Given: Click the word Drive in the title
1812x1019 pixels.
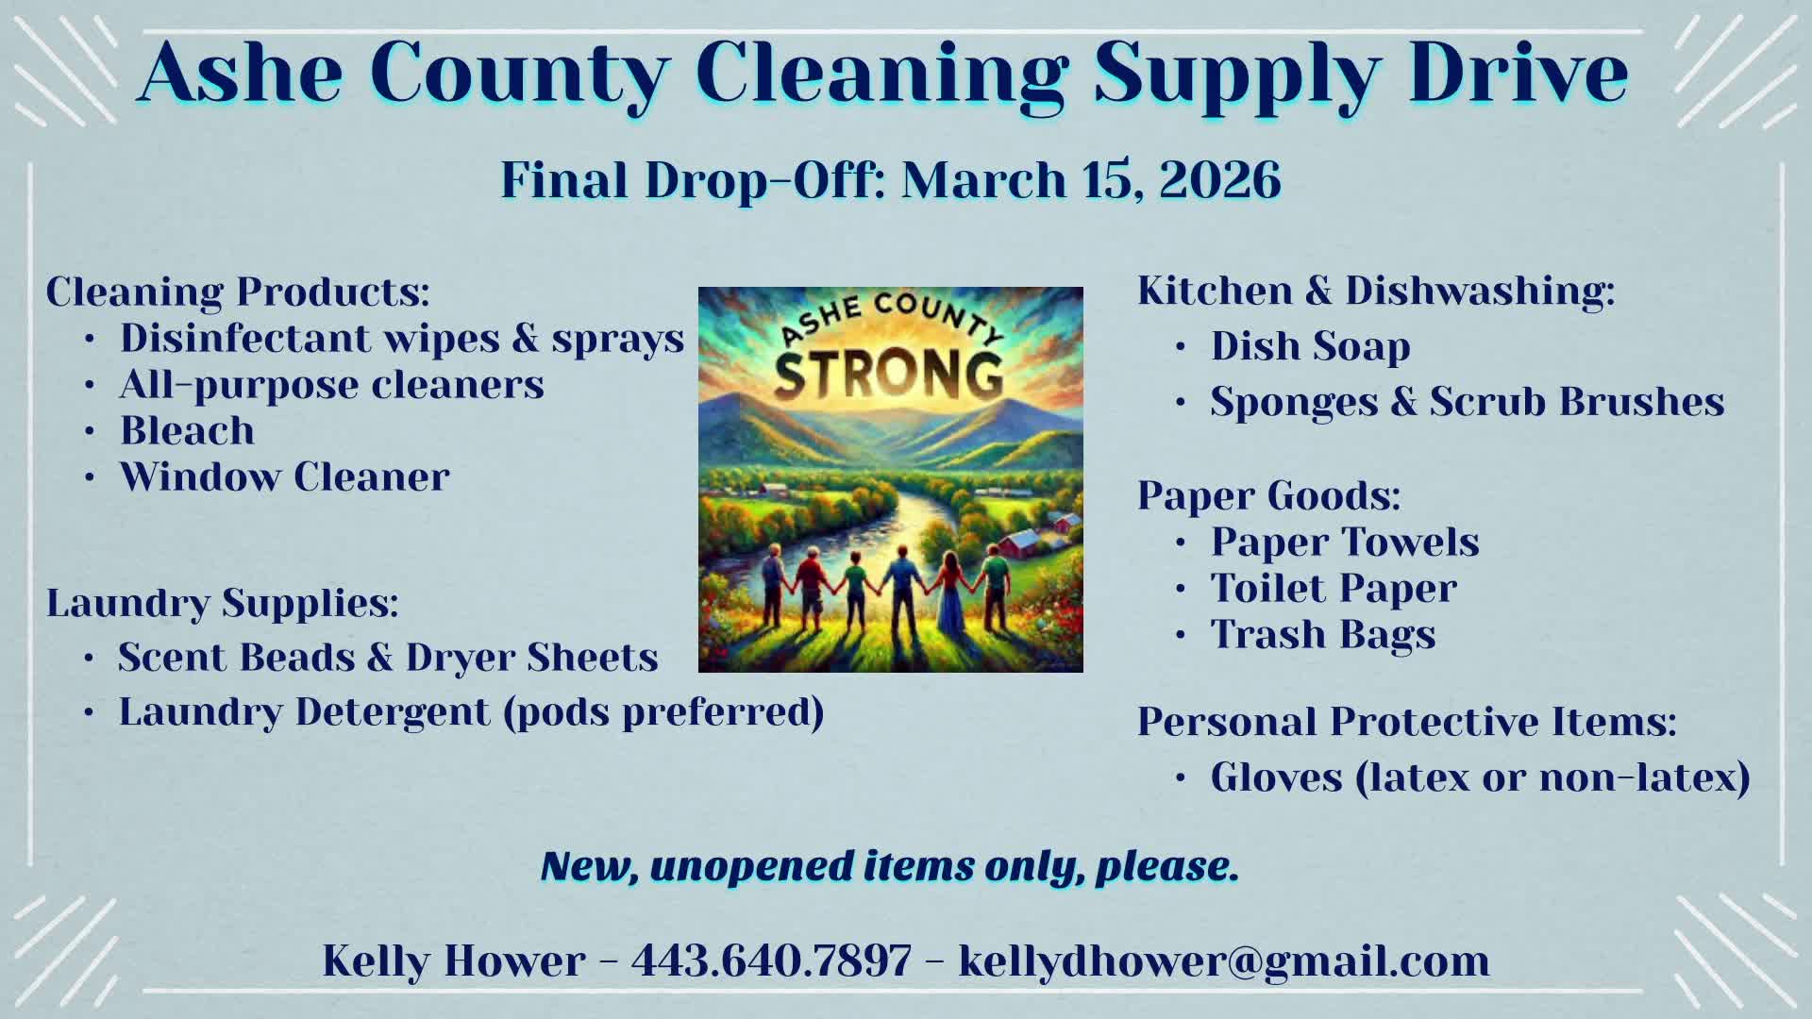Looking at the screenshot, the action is (1520, 72).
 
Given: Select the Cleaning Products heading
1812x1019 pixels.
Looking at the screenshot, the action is (238, 292).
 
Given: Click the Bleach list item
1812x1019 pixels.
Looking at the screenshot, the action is (187, 430).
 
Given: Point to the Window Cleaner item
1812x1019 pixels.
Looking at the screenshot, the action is (284, 476).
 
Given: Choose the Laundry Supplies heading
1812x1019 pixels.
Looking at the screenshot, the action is (223, 603).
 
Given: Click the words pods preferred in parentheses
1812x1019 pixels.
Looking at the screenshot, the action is (663, 712).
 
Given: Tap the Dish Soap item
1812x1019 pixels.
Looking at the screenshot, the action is (1310, 346).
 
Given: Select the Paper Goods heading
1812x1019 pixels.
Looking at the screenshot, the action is (1268, 495).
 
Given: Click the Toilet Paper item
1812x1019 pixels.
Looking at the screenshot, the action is (1334, 588).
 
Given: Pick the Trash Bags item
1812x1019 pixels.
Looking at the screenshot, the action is (1323, 635).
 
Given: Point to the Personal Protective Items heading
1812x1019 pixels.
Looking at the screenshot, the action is (1406, 722).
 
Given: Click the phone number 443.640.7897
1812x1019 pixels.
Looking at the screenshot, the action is (772, 961).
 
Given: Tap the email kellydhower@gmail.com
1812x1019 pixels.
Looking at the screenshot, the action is (1224, 961).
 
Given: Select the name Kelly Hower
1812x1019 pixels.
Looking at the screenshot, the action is (454, 961).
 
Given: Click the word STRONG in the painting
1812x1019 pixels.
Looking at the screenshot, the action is (889, 374).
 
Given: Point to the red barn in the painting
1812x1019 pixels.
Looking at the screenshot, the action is (1018, 543).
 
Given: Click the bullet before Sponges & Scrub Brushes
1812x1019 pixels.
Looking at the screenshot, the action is (1181, 403).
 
